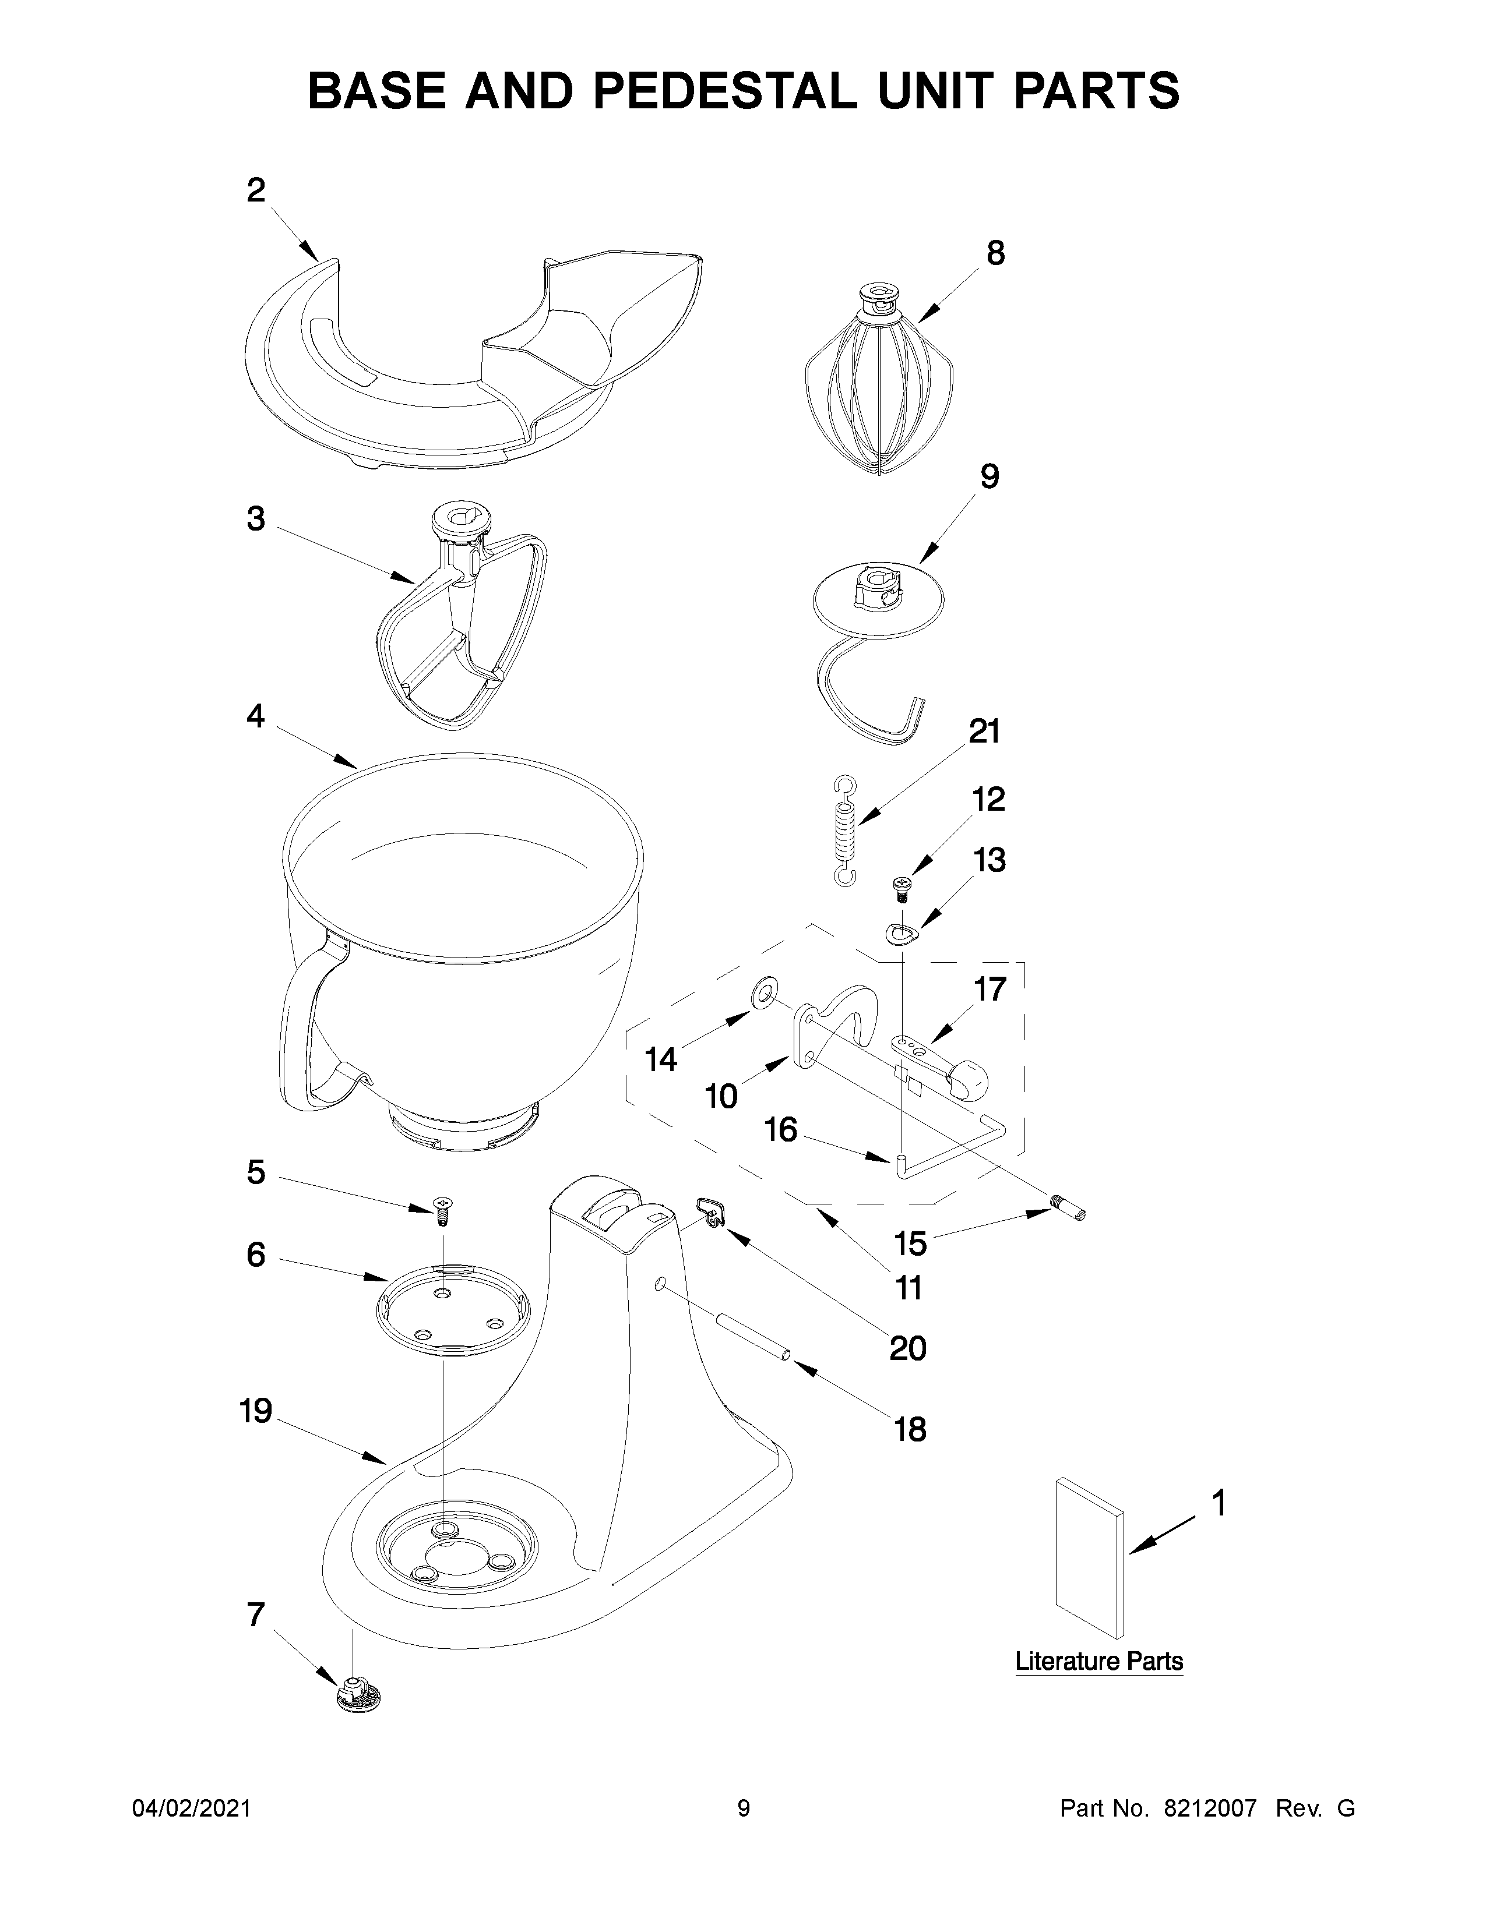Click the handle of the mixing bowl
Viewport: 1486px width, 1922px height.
pyautogui.click(x=304, y=1030)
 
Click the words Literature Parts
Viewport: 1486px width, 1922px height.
pyautogui.click(x=1098, y=1662)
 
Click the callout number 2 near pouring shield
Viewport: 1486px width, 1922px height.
pyautogui.click(x=255, y=190)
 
